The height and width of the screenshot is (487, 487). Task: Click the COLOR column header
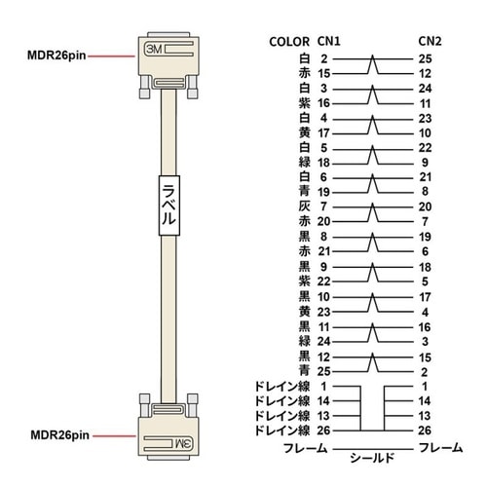289,42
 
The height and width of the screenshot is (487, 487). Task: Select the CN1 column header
329,41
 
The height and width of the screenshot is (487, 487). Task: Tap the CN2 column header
430,41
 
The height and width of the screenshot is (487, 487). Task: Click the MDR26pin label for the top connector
56,56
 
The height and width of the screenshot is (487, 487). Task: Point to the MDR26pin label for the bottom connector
59,435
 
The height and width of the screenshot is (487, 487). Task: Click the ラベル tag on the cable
169,206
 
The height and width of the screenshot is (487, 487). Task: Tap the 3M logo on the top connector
154,50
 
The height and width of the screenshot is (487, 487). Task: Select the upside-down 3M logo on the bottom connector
184,443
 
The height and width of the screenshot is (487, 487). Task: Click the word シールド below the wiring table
372,458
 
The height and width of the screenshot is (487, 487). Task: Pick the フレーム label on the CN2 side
440,448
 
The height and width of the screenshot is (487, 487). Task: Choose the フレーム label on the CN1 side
306,448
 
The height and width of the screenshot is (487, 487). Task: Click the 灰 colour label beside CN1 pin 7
305,206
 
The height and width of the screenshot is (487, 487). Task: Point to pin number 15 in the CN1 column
323,74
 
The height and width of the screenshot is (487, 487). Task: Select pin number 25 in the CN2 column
425,59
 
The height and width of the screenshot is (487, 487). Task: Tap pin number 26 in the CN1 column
323,431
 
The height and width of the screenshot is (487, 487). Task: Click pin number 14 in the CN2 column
425,401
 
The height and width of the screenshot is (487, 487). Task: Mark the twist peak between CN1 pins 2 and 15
373,56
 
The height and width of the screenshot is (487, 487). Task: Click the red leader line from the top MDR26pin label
111,56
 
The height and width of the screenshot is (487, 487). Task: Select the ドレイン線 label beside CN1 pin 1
282,387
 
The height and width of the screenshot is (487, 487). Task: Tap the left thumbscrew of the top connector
144,87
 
